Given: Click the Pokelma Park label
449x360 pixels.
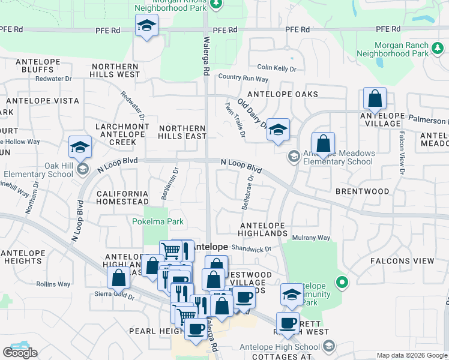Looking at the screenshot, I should click(158, 221).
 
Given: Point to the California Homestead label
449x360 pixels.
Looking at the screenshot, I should click(122, 197).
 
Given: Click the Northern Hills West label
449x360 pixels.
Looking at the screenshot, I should click(115, 70).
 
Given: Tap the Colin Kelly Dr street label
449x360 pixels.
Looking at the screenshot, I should click(277, 68).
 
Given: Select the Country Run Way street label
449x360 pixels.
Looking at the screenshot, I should click(243, 77).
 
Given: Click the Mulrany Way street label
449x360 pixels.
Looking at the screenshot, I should click(311, 238).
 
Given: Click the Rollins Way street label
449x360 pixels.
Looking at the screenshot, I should click(53, 284).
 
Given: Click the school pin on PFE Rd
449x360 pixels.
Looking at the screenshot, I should click(146, 26).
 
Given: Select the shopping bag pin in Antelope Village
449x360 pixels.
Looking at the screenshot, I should click(375, 98).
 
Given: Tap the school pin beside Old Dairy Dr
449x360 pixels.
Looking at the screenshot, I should click(278, 130).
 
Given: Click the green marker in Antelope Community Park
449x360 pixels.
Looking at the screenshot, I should click(342, 281).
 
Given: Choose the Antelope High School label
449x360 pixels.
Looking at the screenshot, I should click(280, 347).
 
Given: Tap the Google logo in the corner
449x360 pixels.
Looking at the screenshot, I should click(20, 353).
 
